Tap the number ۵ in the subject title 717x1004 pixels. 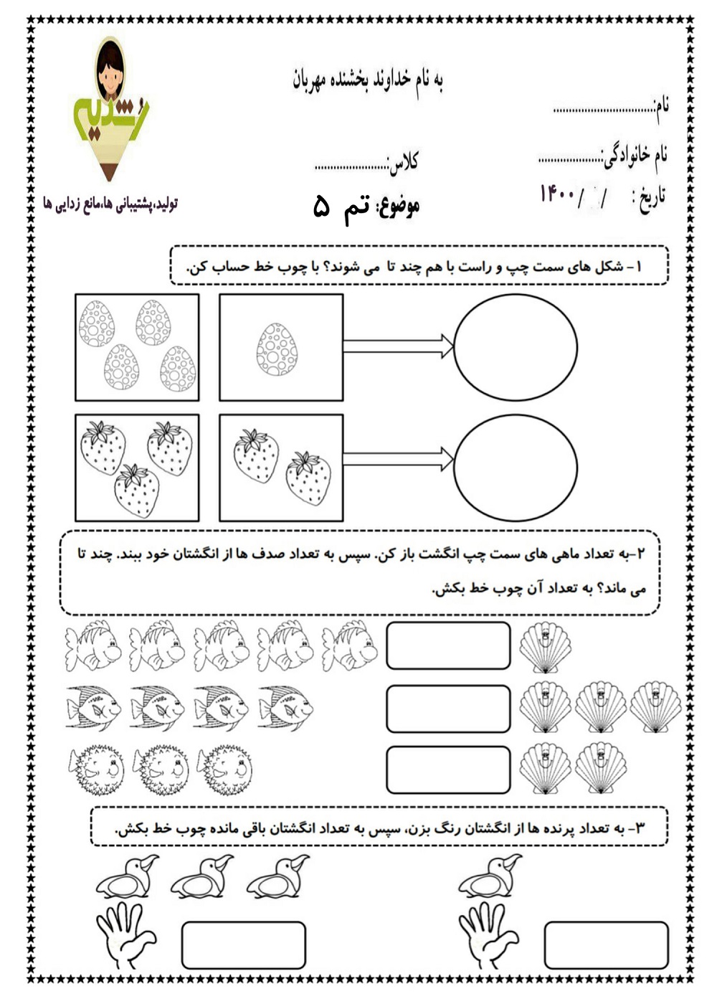[322, 208]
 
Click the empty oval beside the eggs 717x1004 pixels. [516, 347]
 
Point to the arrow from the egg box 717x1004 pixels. [397, 347]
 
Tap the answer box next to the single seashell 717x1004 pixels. [448, 645]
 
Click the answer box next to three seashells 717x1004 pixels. [448, 709]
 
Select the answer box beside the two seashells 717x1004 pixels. [448, 770]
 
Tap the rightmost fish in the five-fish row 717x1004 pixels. [350, 645]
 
